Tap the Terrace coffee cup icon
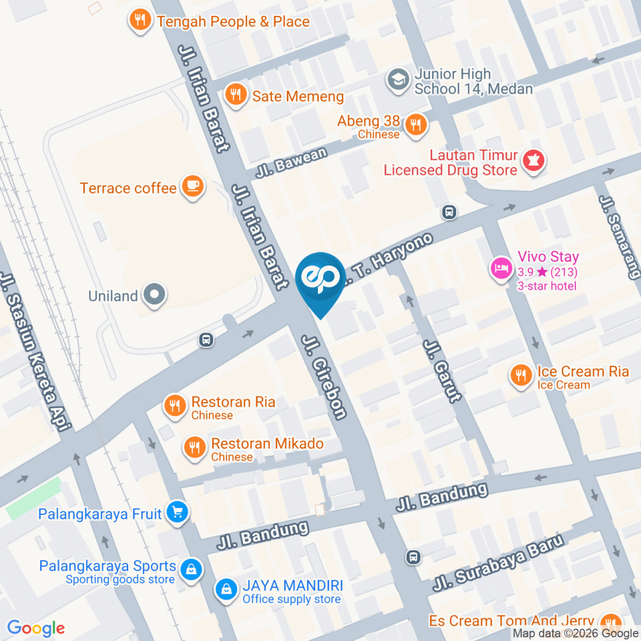coord(193,188)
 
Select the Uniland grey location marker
coord(155,295)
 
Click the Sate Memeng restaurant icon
coord(234,95)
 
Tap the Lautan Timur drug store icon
coord(533,162)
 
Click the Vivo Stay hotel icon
coord(501,270)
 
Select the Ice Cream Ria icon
coord(520,377)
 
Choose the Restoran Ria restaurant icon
coord(175,406)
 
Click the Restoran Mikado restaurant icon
coord(195,447)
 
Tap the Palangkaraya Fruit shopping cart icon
coord(177,513)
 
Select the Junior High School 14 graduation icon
coord(398,80)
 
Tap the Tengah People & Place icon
coord(140,21)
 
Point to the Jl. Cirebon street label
coord(325,377)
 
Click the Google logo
coord(35,628)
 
